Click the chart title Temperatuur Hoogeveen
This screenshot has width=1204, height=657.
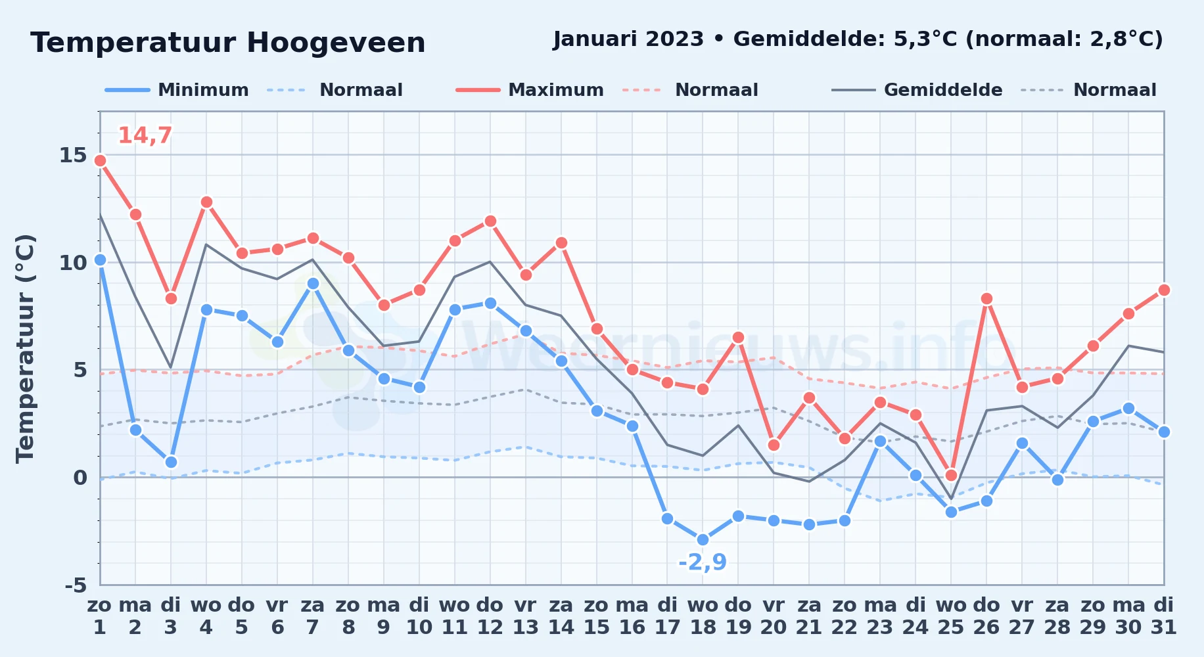(x=227, y=43)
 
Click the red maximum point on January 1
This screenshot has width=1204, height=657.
(x=100, y=160)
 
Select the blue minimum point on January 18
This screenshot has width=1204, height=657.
(x=703, y=539)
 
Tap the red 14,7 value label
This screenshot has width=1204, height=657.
(x=145, y=135)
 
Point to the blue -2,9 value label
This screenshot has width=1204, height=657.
(x=703, y=562)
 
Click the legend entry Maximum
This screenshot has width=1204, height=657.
(x=530, y=90)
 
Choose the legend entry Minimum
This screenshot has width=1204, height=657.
(x=177, y=90)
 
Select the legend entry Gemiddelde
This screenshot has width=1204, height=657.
(x=917, y=90)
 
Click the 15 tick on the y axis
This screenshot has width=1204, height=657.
(x=73, y=155)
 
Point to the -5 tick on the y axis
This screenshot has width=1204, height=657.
(x=76, y=585)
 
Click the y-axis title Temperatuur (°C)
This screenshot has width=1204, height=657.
(x=25, y=348)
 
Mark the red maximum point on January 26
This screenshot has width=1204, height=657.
(x=986, y=298)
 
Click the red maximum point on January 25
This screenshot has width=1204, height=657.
(x=951, y=475)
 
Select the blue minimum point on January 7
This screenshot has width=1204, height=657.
(x=313, y=283)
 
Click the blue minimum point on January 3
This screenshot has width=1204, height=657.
(x=171, y=462)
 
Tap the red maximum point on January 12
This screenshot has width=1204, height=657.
(x=490, y=221)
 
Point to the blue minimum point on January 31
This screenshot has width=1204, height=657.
(x=1164, y=432)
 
